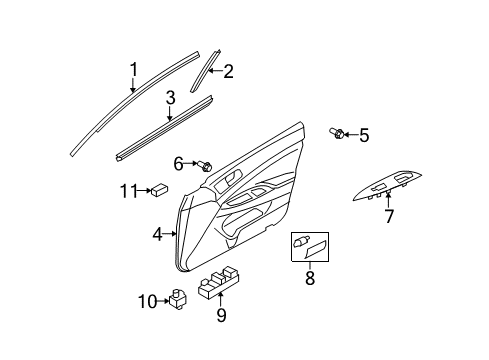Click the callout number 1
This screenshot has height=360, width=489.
tap(132, 69)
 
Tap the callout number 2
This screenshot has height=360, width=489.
tap(228, 71)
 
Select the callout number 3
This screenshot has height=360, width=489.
tap(171, 97)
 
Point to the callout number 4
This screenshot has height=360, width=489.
tap(157, 235)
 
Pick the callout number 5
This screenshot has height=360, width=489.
tap(364, 134)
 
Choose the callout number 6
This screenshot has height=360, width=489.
tap(178, 163)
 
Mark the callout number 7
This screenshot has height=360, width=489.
tap(389, 215)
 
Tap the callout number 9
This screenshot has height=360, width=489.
tap(221, 316)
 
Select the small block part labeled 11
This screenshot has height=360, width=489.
tap(158, 190)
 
